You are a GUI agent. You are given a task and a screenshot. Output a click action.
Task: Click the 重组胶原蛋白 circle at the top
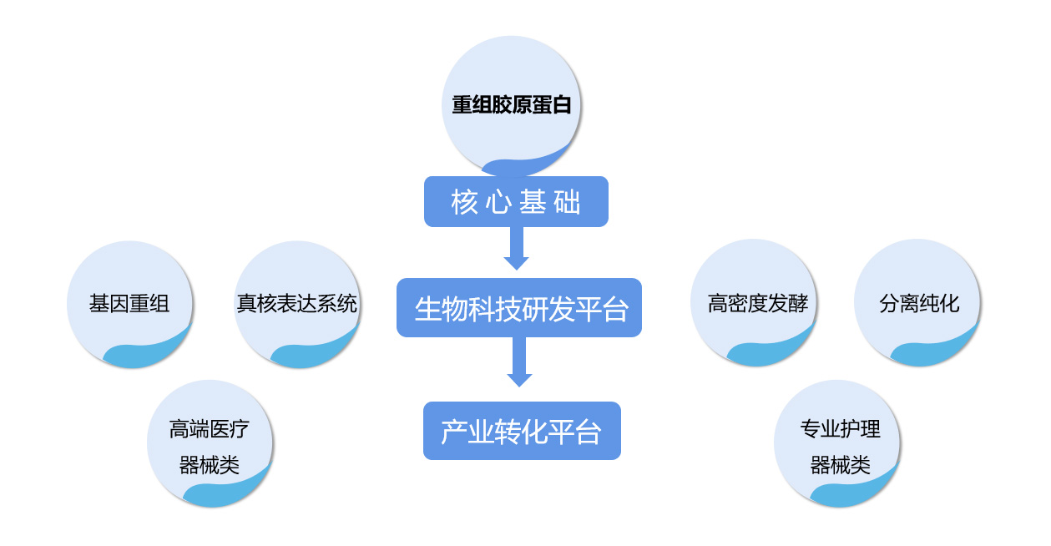(512, 105)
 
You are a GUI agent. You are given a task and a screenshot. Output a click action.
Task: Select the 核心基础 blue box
(516, 202)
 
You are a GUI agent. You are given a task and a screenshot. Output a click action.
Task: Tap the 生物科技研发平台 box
(519, 308)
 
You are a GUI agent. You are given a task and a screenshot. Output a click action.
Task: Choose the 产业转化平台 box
(522, 431)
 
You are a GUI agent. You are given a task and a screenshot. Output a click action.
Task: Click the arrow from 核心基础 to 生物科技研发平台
(516, 248)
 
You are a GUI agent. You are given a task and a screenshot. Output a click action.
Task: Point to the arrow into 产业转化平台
(519, 361)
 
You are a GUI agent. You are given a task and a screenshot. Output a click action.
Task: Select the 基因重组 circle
(130, 305)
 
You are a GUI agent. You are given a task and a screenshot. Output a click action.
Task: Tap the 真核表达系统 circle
(297, 305)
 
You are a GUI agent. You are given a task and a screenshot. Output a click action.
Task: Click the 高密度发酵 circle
(754, 302)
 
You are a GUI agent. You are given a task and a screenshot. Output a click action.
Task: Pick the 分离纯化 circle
(917, 302)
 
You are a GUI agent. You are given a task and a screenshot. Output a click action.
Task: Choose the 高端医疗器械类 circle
(210, 443)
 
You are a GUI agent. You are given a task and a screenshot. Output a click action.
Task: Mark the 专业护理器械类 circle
(837, 443)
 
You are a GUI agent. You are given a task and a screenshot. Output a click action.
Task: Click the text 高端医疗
(210, 429)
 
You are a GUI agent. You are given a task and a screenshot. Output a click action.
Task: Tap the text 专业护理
(841, 429)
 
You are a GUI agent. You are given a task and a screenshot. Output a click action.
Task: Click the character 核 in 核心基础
(464, 202)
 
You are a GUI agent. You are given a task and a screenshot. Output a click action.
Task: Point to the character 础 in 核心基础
(568, 202)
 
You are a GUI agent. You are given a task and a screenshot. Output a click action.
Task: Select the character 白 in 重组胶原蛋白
(562, 104)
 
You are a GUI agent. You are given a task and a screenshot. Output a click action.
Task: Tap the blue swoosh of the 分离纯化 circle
(933, 351)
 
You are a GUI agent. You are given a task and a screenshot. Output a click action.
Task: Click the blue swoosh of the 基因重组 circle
(145, 354)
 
